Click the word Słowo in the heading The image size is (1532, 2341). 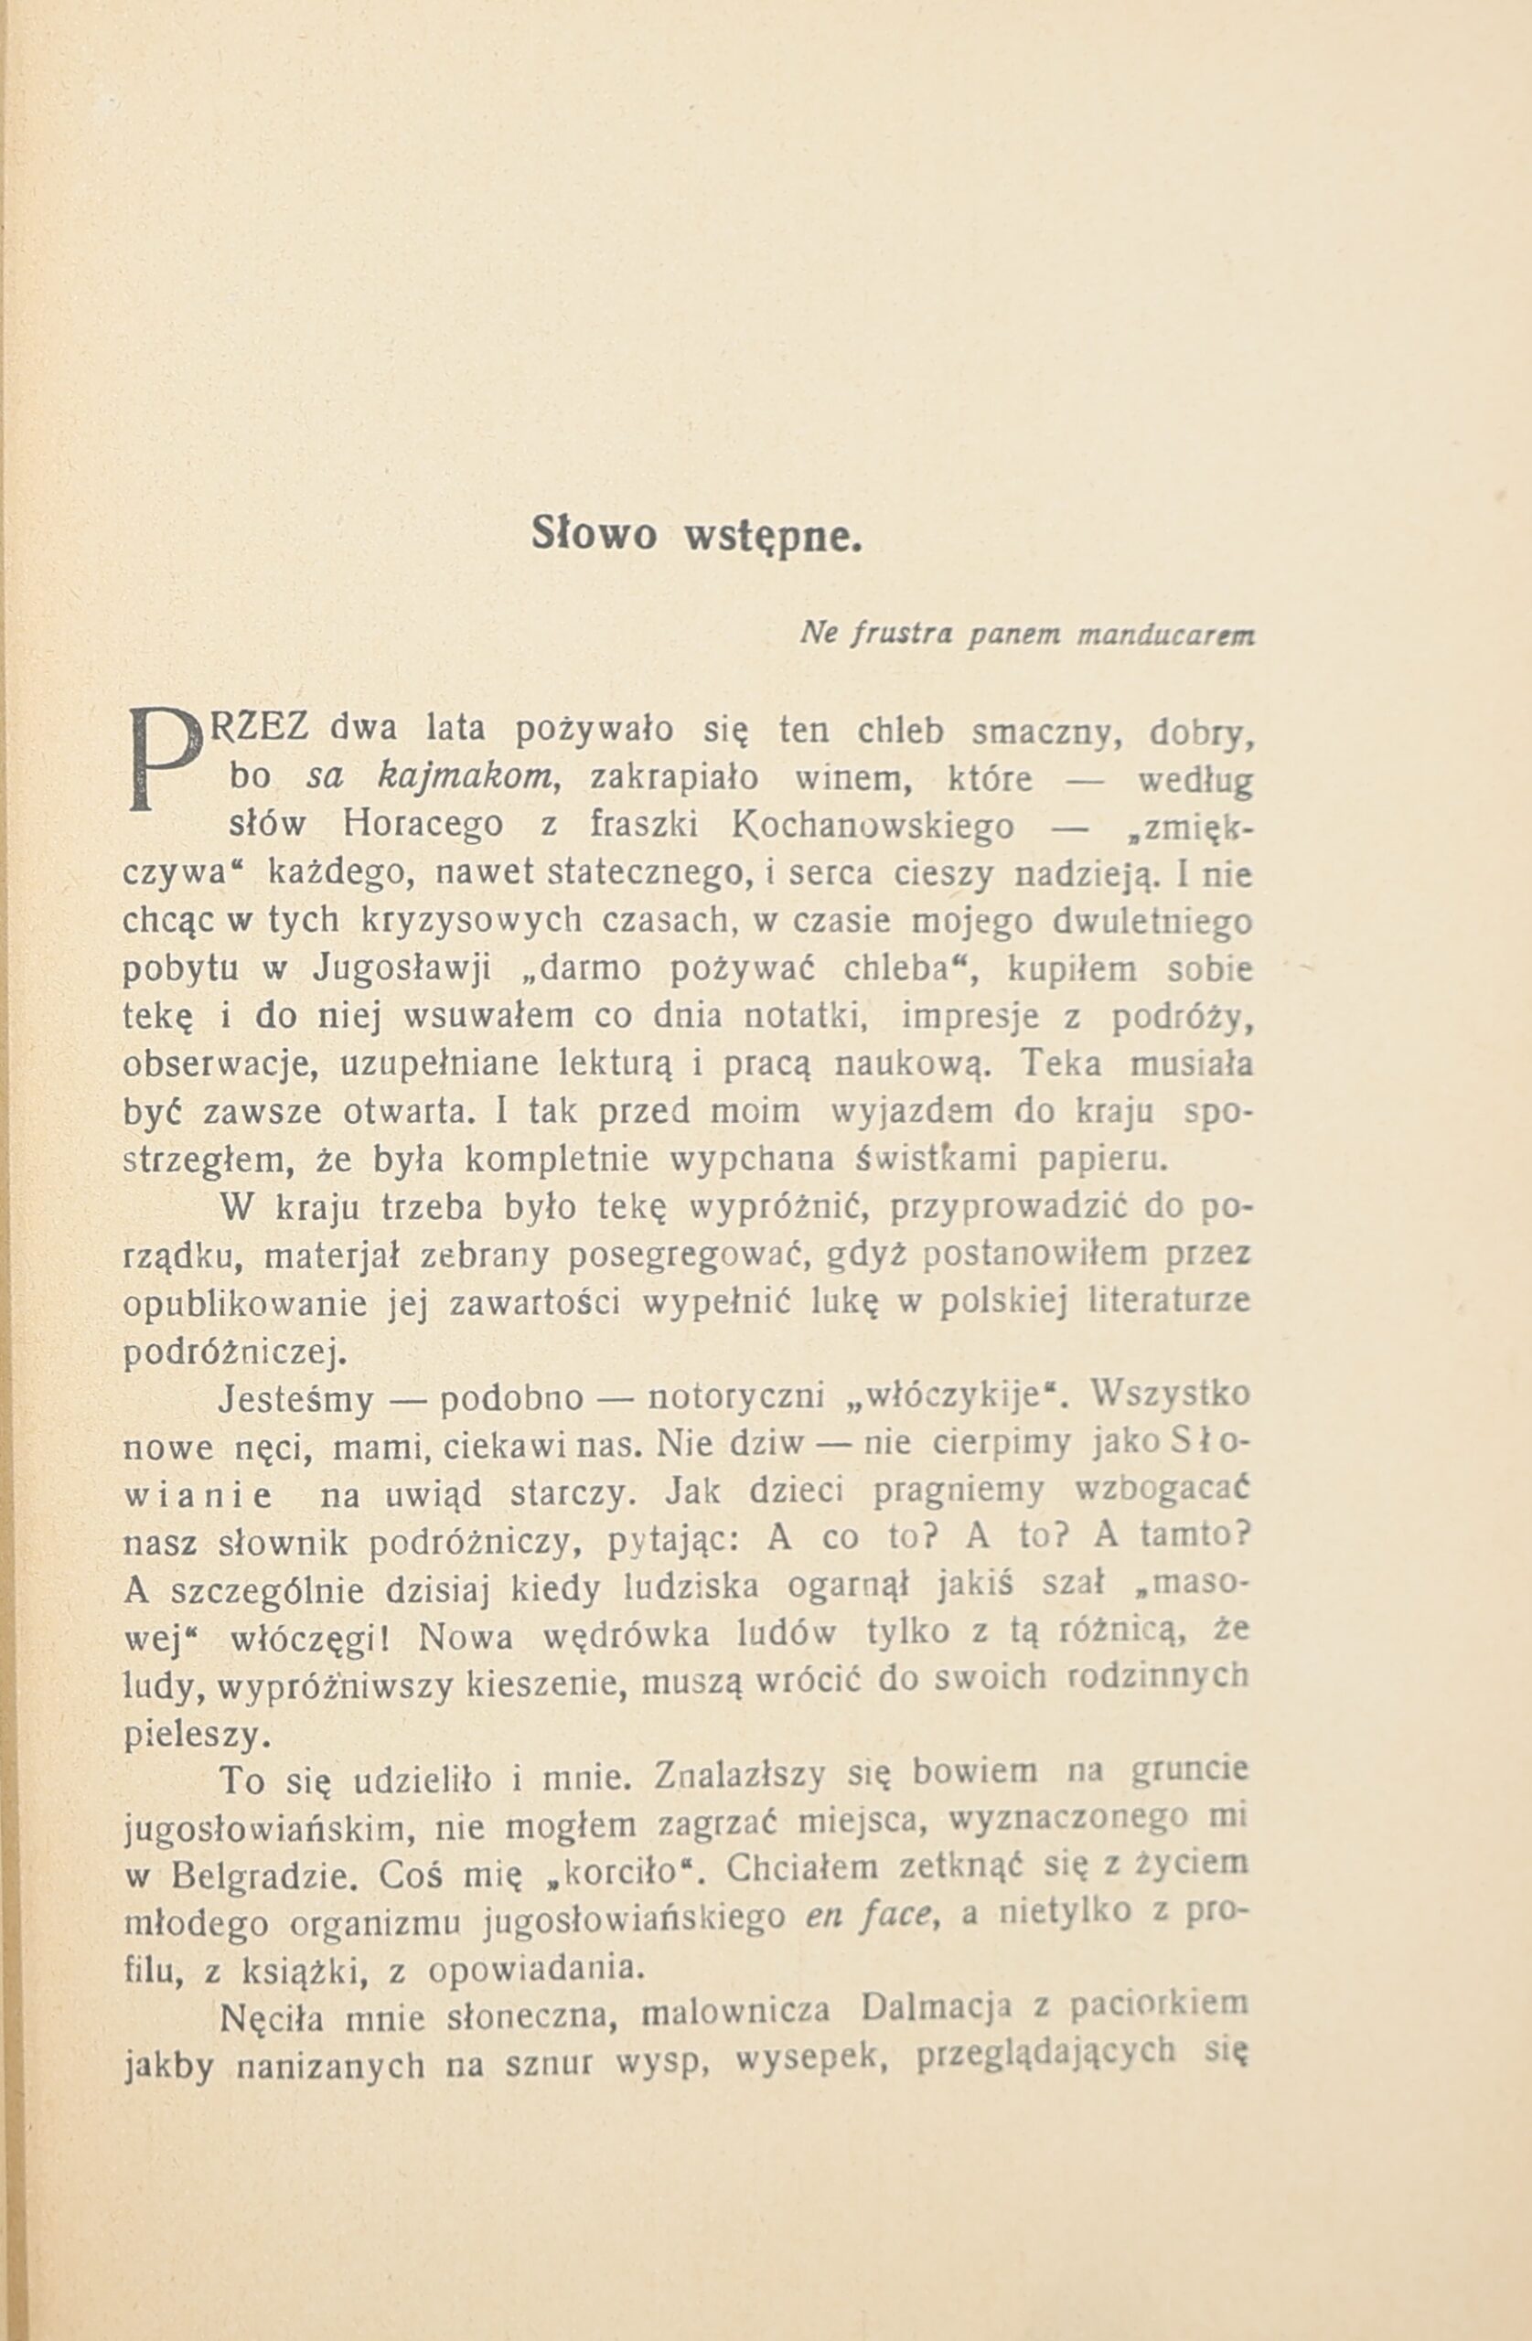coord(594,534)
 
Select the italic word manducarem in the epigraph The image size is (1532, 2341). coord(1165,636)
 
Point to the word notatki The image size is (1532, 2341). coord(804,1016)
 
